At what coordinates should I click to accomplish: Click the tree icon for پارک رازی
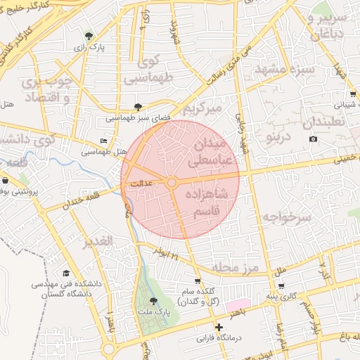pos(87,36)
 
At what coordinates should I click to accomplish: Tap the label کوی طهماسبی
pos(149,71)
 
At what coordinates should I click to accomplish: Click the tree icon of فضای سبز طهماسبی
pos(138,108)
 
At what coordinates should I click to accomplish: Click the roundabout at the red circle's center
pos(172,183)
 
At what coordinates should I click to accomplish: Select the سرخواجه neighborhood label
pos(286,217)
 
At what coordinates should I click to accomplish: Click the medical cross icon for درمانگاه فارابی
pos(219,327)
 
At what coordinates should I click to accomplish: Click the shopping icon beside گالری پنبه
pos(281,286)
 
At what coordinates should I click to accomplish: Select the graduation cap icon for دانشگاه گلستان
pos(66,274)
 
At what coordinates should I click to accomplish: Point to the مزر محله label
pos(235,269)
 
